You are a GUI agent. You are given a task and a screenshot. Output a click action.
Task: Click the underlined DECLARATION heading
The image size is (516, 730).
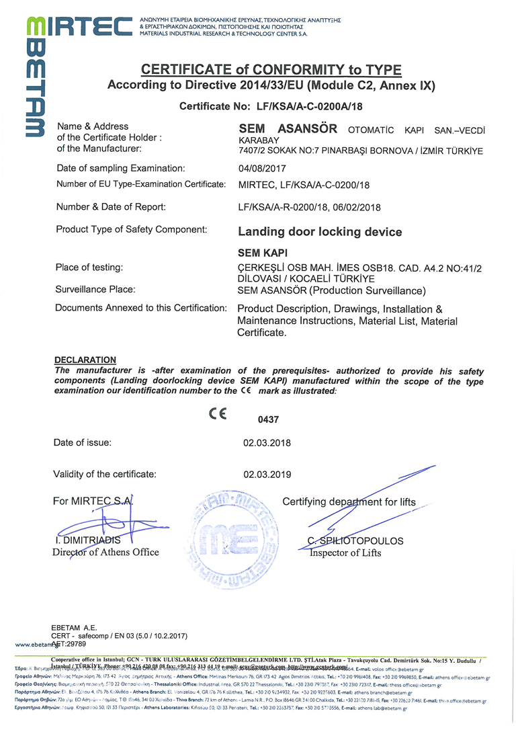pos(85,360)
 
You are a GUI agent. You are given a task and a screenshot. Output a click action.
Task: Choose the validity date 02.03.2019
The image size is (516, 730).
pos(267,475)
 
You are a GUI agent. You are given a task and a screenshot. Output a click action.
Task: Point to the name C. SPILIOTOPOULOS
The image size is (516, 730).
pos(355,540)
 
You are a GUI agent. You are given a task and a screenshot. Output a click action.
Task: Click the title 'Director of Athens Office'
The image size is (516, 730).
pos(105,553)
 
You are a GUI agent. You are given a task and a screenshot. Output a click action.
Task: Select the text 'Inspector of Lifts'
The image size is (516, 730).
pos(345,553)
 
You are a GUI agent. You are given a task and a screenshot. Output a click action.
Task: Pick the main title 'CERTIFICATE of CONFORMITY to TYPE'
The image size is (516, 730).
pos(271,70)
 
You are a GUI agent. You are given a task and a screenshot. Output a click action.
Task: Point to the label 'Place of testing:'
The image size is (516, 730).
pos(89,268)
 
